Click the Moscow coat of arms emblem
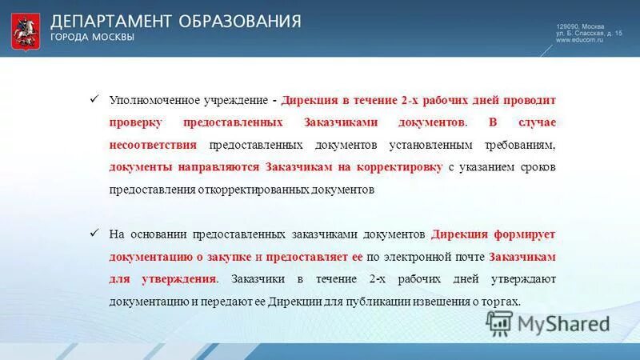(26, 30)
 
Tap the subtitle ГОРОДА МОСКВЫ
(93, 38)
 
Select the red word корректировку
(402, 168)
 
